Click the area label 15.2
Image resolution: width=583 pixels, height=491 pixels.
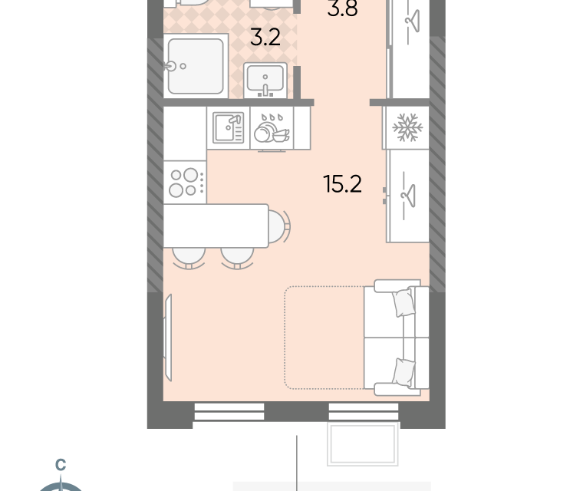[x=342, y=184]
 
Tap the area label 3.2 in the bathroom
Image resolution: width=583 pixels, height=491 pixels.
[x=265, y=37]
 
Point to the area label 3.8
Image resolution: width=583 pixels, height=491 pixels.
[x=342, y=8]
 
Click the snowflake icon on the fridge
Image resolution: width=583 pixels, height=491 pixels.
[x=407, y=127]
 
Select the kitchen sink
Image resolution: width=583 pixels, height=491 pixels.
[x=229, y=127]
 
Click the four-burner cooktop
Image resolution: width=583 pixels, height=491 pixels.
[x=185, y=183]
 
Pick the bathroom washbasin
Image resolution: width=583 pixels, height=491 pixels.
[x=265, y=81]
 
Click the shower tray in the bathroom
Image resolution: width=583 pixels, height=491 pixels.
[x=196, y=66]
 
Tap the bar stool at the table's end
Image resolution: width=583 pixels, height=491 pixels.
[x=278, y=226]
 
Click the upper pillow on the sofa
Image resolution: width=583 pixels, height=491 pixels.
[x=403, y=303]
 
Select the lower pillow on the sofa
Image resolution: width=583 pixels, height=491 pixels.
[x=403, y=373]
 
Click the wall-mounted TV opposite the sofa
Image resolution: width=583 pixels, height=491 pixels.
[x=168, y=338]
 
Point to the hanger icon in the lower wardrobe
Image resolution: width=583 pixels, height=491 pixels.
[x=408, y=196]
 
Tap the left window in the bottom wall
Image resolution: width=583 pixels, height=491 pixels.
[x=229, y=412]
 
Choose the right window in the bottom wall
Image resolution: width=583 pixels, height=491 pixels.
[x=364, y=412]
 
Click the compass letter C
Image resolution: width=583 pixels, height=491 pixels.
[x=61, y=464]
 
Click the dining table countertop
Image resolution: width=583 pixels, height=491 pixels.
[x=216, y=226]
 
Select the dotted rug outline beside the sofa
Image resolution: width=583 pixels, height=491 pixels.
[x=324, y=338]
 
